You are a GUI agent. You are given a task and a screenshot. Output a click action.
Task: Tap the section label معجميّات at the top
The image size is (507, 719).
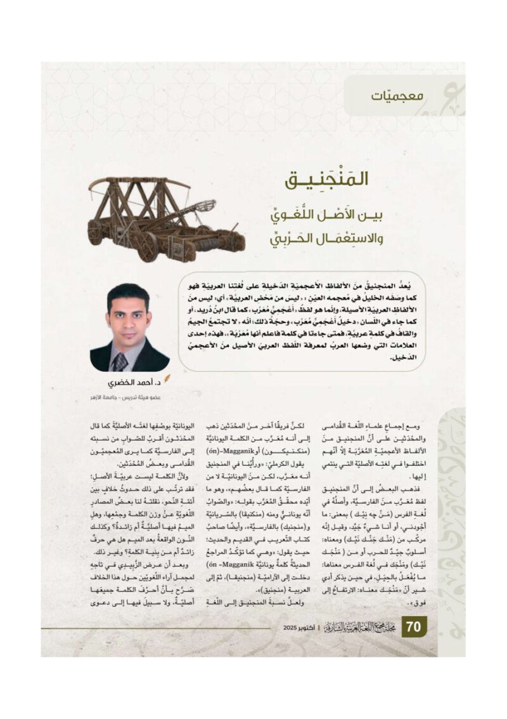pos(397,96)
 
